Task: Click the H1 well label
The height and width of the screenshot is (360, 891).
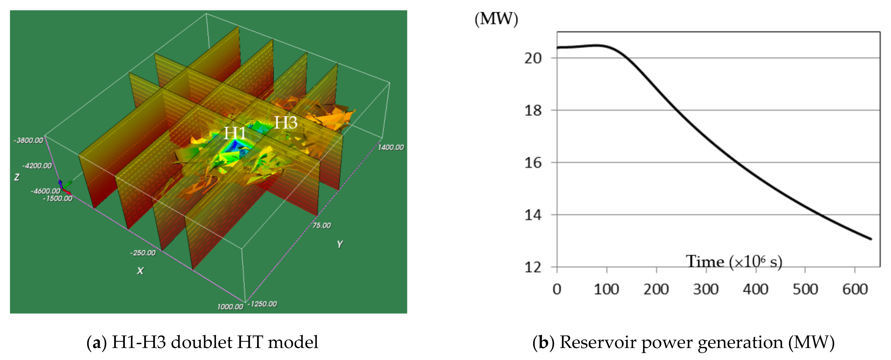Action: click(235, 133)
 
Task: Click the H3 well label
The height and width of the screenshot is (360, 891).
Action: click(286, 123)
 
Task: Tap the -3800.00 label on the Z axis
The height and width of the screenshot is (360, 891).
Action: click(28, 140)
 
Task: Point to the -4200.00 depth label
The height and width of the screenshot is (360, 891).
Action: click(37, 166)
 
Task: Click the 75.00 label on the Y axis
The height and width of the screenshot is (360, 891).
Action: click(322, 226)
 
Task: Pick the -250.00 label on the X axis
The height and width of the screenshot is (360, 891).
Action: click(143, 253)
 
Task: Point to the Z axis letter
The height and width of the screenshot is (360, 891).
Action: click(17, 177)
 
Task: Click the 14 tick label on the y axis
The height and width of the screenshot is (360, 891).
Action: click(533, 215)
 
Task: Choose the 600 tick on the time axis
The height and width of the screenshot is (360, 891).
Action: click(855, 289)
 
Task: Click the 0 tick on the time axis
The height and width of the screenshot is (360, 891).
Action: click(557, 289)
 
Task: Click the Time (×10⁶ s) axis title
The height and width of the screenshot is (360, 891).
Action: click(734, 262)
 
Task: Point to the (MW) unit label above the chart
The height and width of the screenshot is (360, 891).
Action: click(496, 19)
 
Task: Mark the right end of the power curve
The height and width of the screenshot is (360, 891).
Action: click(871, 239)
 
